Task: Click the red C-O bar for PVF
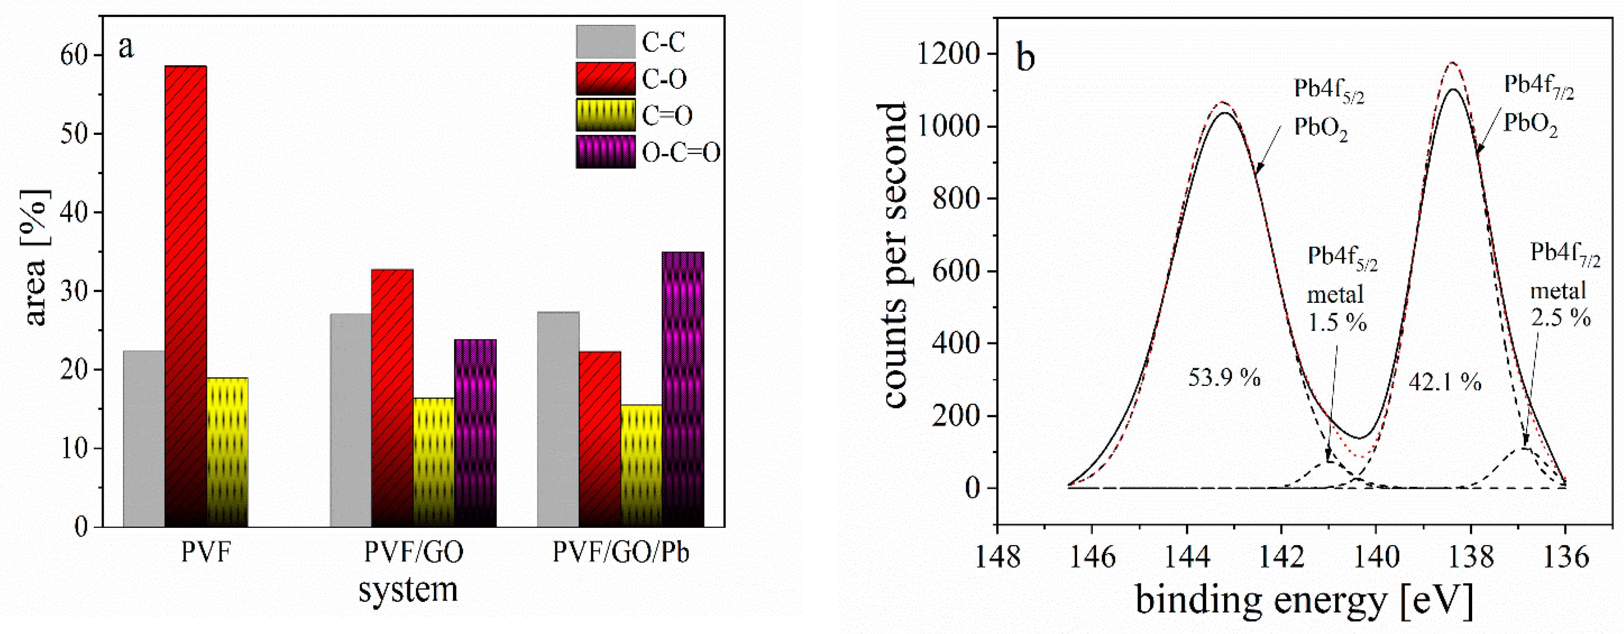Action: (185, 296)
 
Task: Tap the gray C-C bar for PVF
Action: (144, 439)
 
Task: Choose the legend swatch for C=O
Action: (605, 115)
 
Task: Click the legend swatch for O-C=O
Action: (605, 152)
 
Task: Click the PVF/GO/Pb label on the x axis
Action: (620, 553)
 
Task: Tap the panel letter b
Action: (1026, 58)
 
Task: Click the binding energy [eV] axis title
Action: (1304, 599)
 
